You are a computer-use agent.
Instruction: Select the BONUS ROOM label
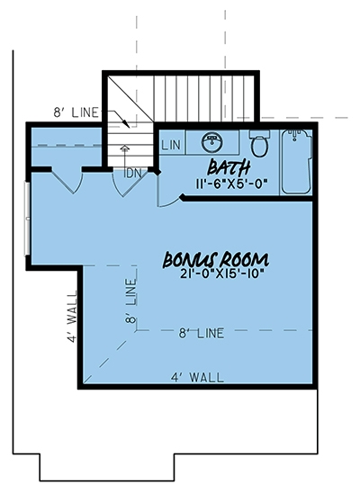[216, 259]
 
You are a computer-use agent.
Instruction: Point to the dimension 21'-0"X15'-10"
[217, 274]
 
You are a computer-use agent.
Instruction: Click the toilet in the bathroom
[258, 146]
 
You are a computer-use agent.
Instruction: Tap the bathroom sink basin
[212, 141]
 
